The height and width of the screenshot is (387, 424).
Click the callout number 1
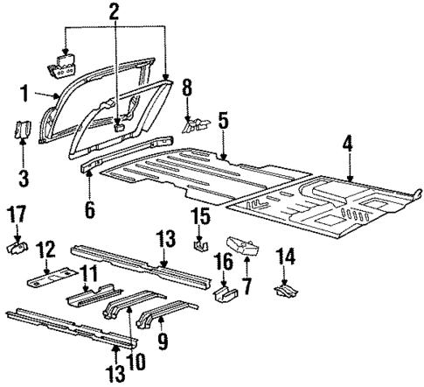tap(25, 92)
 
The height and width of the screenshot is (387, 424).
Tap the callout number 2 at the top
tap(114, 12)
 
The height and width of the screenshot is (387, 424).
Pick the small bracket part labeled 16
tap(222, 292)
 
